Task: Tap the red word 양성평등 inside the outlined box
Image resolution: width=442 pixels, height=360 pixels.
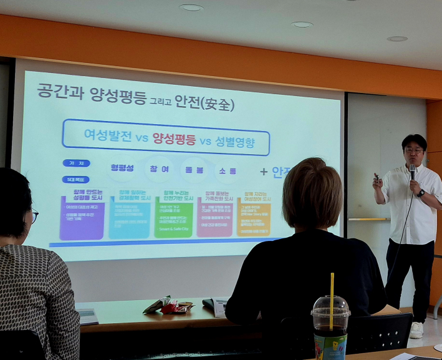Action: [174, 138]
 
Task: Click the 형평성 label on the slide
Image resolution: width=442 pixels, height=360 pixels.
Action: [122, 167]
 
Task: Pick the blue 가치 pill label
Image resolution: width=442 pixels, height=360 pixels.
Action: [76, 163]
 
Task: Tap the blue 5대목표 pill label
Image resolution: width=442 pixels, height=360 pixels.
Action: [76, 179]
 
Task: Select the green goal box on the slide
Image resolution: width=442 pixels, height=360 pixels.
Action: [173, 215]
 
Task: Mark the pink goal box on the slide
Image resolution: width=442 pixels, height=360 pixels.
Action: [214, 216]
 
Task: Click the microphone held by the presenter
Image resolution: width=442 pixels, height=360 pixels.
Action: [412, 171]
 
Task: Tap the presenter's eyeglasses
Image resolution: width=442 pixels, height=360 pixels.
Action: [413, 150]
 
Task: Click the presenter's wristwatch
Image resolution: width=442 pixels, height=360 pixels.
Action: [421, 193]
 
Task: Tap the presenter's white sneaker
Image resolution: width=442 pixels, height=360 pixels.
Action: [416, 329]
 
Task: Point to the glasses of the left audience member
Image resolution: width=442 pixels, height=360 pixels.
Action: [34, 216]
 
